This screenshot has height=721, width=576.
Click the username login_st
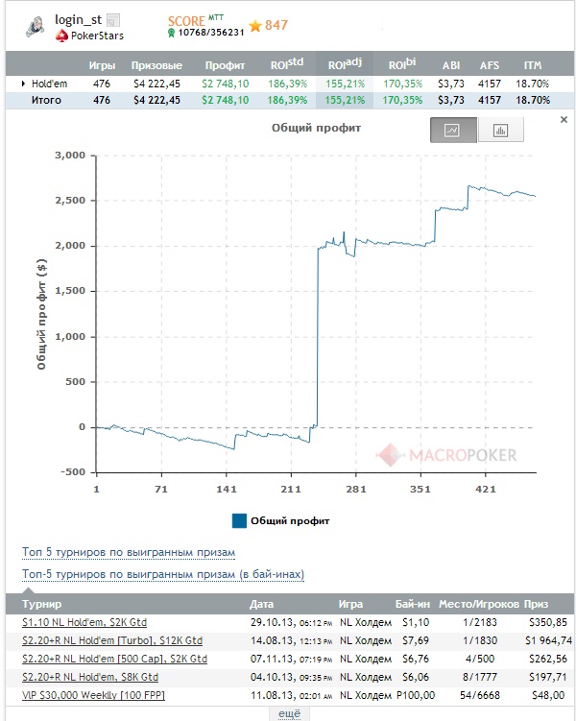[x=78, y=20]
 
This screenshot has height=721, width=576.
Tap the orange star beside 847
[x=255, y=26]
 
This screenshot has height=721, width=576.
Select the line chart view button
[x=453, y=131]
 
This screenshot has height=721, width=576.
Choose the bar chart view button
[x=499, y=131]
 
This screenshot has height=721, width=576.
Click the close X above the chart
[x=564, y=120]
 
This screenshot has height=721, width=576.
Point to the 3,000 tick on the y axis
[x=72, y=156]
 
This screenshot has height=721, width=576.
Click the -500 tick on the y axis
[x=74, y=472]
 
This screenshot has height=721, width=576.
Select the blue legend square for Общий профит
[x=239, y=520]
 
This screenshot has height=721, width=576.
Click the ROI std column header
[x=289, y=64]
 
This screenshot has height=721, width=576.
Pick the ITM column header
[x=532, y=65]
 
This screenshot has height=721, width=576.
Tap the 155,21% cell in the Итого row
[x=346, y=100]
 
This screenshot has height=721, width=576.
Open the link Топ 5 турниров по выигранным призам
[x=128, y=552]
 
